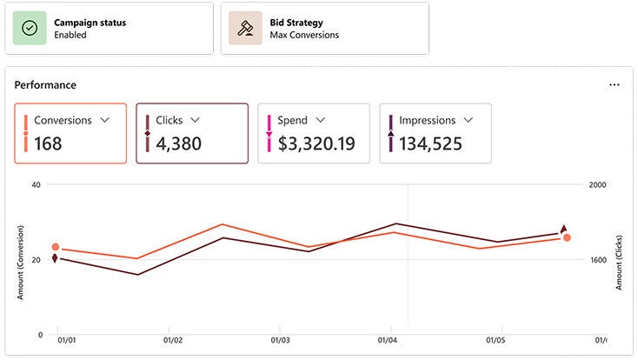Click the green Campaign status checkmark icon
[30, 28]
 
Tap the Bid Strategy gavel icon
[246, 28]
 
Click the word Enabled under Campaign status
[70, 36]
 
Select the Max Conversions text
[304, 36]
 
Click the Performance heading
[45, 85]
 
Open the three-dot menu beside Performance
[615, 85]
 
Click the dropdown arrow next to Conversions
[105, 120]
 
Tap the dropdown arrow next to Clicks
[195, 120]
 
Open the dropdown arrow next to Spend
[321, 120]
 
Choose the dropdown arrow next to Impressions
[468, 120]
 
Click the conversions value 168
[48, 143]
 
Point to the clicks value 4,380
[178, 143]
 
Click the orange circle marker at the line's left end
[56, 248]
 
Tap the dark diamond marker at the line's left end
[55, 258]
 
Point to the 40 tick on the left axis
[36, 185]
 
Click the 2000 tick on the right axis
[598, 185]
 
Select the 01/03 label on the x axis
[280, 341]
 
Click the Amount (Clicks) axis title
[621, 260]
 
